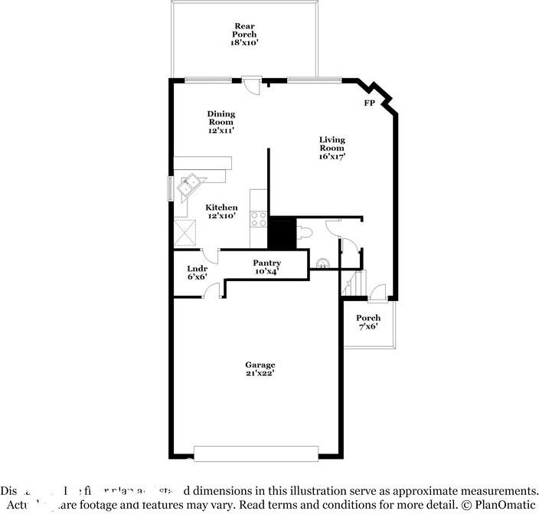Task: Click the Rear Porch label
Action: (245, 35)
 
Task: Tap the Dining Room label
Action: (220, 123)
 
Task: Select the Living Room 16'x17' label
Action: (332, 148)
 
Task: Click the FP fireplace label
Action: (369, 103)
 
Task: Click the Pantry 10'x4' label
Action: (266, 267)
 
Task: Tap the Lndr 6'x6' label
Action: (197, 273)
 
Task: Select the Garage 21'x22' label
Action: (260, 369)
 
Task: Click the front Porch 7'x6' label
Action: (368, 322)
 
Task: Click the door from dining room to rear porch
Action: (250, 83)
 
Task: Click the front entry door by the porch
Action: (377, 293)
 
